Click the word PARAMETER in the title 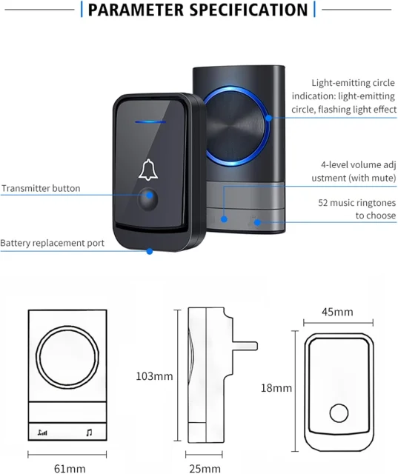coord(136,10)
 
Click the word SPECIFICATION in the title coord(248,10)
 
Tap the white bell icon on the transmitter coord(148,170)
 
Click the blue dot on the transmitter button coord(149,196)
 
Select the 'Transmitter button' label coord(41,188)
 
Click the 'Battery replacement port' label coord(52,243)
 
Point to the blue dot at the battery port coord(150,251)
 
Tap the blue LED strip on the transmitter coord(150,122)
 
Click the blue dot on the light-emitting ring coord(268,118)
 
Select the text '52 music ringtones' coord(357,202)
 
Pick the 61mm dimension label coord(70,469)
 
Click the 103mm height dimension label coord(154,376)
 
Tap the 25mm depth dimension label coord(205,469)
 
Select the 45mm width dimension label coord(337,312)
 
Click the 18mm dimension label coord(276,388)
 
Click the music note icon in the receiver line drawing coord(89,433)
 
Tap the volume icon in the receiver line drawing coord(42,433)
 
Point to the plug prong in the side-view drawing coord(245,346)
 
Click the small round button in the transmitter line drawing coord(339,413)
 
